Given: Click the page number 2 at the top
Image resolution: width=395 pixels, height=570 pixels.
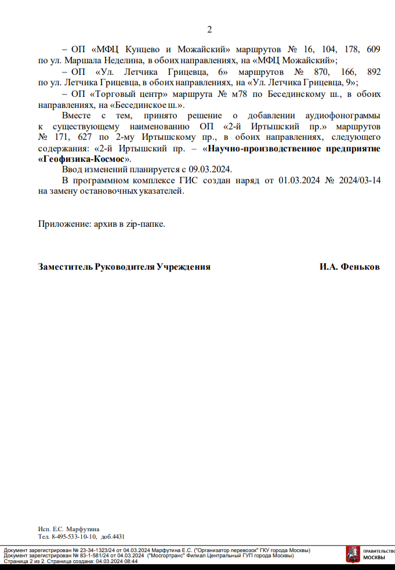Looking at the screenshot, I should (209, 30).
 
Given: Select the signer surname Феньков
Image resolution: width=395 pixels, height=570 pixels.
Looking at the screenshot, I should (360, 267).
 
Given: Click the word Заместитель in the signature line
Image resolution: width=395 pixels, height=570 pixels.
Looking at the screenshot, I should (66, 267).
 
